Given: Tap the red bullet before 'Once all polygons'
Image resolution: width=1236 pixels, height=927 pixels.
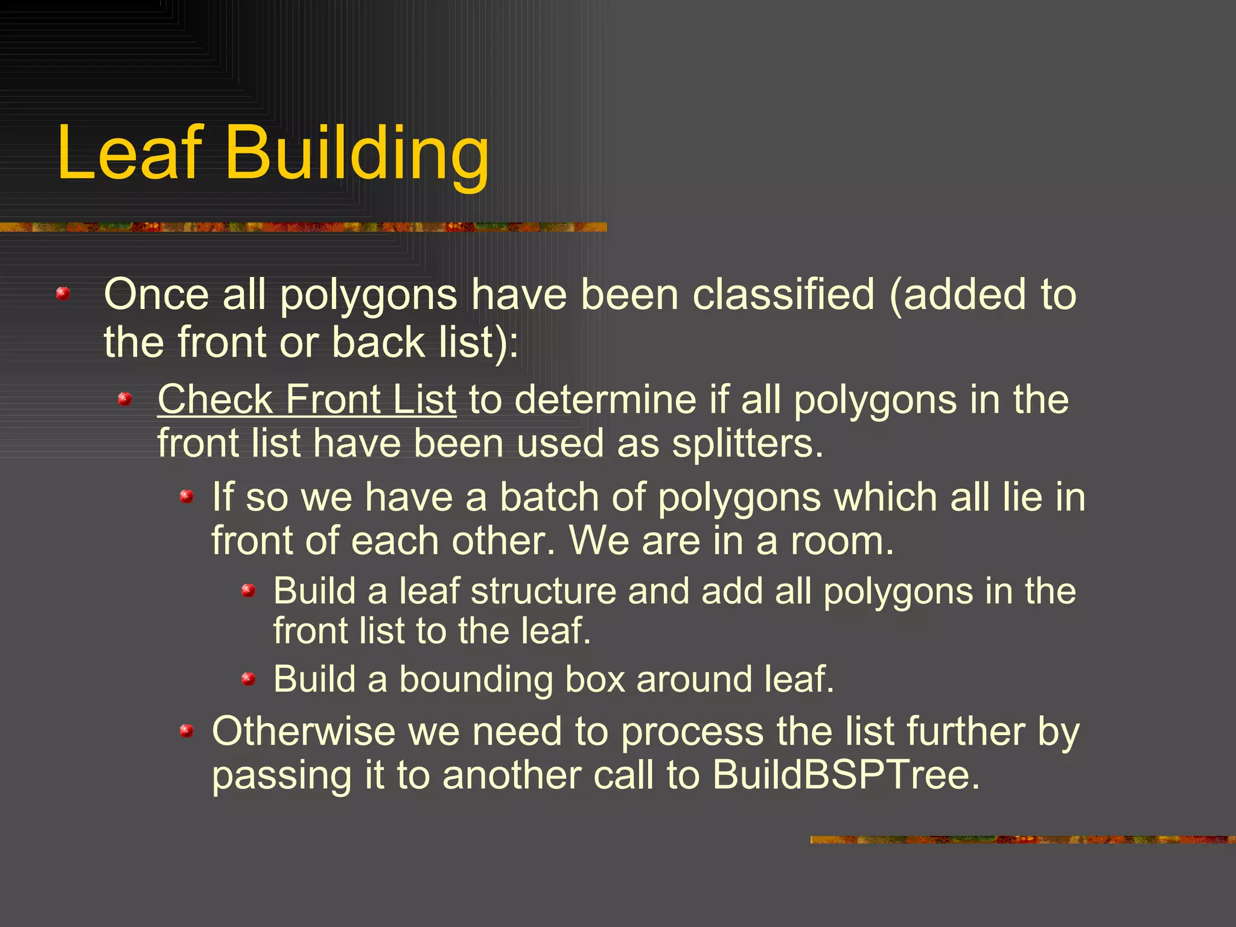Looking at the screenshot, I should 63,294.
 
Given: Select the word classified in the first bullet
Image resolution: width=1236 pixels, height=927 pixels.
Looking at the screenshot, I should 783,295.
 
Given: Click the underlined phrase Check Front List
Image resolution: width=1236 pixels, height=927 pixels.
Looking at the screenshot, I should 307,400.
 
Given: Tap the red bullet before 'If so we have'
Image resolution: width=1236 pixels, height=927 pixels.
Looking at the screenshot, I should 186,497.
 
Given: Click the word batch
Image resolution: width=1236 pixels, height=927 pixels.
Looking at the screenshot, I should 549,497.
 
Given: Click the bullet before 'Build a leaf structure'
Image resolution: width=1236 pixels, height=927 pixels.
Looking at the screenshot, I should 248,590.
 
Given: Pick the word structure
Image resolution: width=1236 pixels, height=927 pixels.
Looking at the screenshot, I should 543,591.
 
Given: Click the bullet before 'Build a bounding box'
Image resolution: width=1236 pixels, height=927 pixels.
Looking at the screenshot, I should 248,680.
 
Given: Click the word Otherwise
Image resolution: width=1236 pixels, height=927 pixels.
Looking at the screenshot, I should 303,731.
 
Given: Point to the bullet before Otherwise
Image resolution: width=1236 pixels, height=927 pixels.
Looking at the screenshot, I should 186,731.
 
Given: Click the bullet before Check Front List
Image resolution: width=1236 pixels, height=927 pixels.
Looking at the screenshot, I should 125,399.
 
